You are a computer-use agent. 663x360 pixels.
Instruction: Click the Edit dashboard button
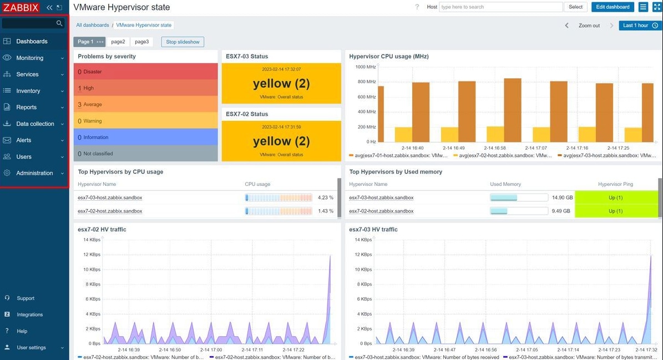pyautogui.click(x=613, y=7)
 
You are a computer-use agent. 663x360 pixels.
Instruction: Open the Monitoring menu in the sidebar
pyautogui.click(x=29, y=58)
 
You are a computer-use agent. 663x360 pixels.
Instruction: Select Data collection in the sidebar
pyautogui.click(x=35, y=124)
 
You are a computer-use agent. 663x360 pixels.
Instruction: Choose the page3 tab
pyautogui.click(x=141, y=42)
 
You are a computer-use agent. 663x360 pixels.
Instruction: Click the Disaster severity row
pyautogui.click(x=145, y=72)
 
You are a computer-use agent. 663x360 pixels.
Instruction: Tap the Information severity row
pyautogui.click(x=145, y=138)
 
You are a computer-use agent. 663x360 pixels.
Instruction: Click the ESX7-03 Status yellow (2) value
pyautogui.click(x=281, y=84)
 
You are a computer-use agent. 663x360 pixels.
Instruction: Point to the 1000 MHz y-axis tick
pyautogui.click(x=365, y=67)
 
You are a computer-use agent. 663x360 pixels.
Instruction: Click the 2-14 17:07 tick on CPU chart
pyautogui.click(x=536, y=148)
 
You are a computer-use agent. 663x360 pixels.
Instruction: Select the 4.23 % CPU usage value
pyautogui.click(x=326, y=197)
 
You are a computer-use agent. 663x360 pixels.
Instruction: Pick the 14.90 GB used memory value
pyautogui.click(x=563, y=197)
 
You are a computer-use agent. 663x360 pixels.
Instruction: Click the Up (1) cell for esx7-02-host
pyautogui.click(x=615, y=211)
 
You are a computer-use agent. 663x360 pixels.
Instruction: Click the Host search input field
pyautogui.click(x=500, y=7)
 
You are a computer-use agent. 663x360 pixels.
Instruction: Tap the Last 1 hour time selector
pyautogui.click(x=640, y=26)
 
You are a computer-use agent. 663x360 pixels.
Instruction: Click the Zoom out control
pyautogui.click(x=589, y=26)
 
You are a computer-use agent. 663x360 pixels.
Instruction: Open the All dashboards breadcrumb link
pyautogui.click(x=93, y=25)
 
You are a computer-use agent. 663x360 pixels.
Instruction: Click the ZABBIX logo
pyautogui.click(x=21, y=8)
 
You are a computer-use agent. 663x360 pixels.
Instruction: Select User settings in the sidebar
pyautogui.click(x=31, y=347)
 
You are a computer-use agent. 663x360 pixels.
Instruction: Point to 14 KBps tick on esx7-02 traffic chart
pyautogui.click(x=92, y=240)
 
